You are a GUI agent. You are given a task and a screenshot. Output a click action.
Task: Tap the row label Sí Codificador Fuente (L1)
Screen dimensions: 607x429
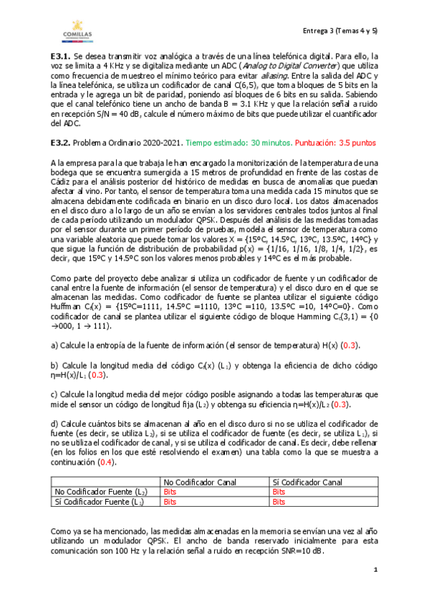click(100, 502)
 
